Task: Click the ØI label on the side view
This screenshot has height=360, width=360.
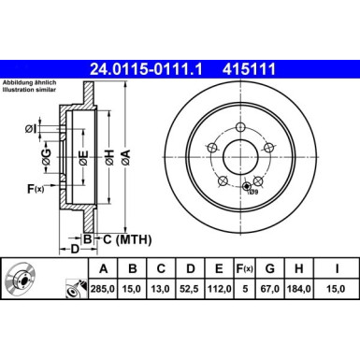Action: tap(33, 128)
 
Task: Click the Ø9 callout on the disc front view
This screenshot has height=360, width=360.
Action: tap(252, 193)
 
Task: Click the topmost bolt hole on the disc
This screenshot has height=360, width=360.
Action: tap(240, 128)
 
